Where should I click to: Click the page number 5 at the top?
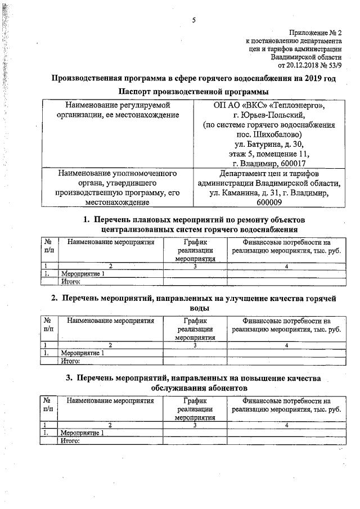point(193,21)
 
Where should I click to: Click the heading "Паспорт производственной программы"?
point(193,92)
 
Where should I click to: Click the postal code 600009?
point(269,203)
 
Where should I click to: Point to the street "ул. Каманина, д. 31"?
point(247,193)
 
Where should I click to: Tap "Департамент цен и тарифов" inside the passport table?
point(269,174)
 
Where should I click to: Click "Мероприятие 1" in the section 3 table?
point(82,433)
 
